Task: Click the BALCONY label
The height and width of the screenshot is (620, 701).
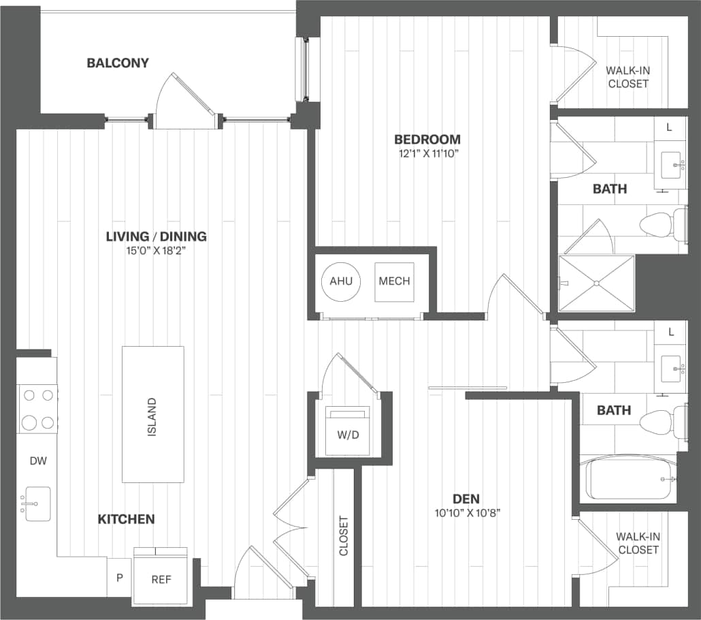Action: point(118,63)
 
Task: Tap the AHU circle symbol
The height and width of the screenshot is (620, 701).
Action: point(341,281)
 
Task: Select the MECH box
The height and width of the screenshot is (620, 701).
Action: point(394,281)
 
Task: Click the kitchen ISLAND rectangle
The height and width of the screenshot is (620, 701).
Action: point(152,414)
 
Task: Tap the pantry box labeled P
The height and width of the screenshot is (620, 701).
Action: point(120,578)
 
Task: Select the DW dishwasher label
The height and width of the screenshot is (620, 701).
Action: point(38,461)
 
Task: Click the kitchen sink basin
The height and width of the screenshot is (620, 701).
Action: point(37,503)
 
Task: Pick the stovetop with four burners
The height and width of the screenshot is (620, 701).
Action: point(37,409)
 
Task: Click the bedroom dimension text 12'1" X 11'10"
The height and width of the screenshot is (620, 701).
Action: point(427,153)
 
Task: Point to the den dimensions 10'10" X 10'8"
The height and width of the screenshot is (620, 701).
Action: point(469,513)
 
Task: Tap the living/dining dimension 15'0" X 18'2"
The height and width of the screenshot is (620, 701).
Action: point(156,251)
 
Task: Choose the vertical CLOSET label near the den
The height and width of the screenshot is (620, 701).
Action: point(344,535)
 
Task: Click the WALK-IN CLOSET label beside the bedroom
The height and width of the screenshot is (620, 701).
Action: point(628,78)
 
